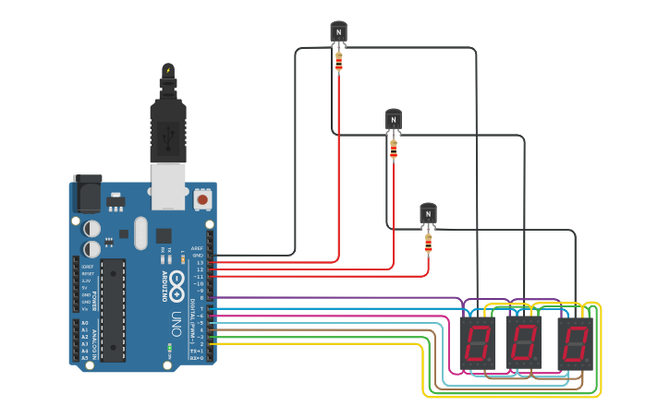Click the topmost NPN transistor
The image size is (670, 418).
[338, 31]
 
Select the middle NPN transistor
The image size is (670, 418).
[394, 119]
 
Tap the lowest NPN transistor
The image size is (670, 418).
[428, 213]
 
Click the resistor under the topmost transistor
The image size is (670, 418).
[338, 61]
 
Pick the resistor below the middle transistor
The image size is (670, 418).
[394, 149]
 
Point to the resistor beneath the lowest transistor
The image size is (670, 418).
[428, 243]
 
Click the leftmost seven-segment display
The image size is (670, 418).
[477, 343]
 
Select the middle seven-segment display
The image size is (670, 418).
[523, 343]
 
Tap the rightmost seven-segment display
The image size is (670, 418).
[575, 343]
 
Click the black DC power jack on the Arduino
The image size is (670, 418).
[87, 195]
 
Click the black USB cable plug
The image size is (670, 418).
[168, 129]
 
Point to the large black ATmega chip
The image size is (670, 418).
[112, 309]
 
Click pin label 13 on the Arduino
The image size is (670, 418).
[200, 262]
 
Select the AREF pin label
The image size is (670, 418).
[198, 248]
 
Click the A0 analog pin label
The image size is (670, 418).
[85, 323]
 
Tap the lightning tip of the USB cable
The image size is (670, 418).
[168, 70]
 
